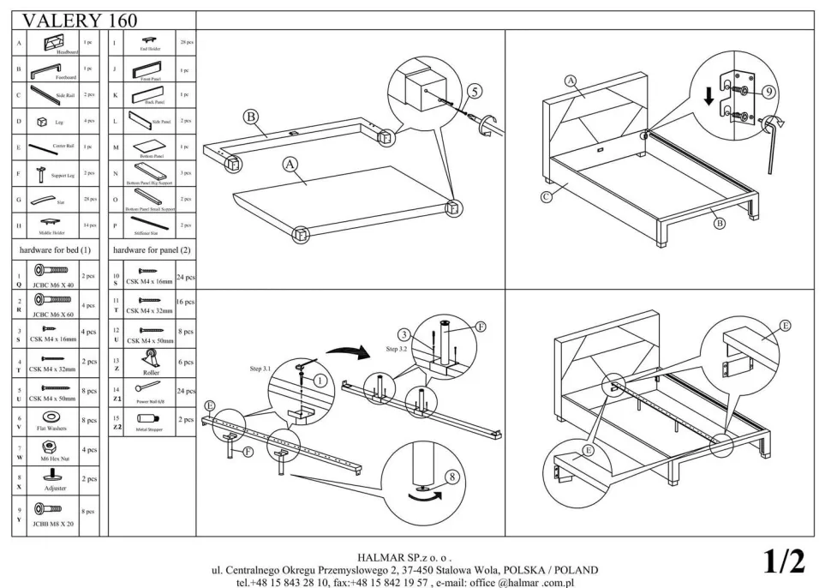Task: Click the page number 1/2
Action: point(784,561)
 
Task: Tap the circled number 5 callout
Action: point(475,93)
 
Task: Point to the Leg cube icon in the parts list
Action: point(41,122)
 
